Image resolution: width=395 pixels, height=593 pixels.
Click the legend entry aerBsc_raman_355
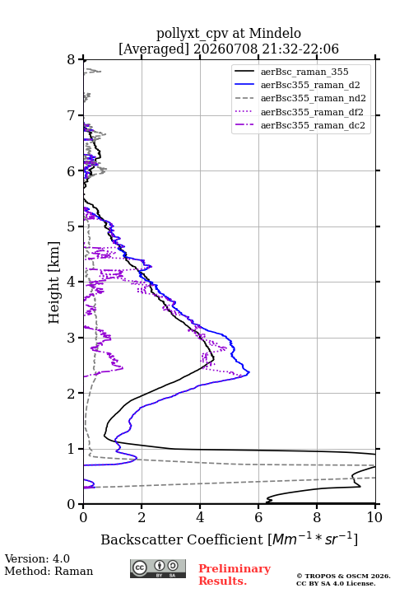coord(304,72)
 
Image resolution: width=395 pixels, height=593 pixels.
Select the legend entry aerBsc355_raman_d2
coord(310,85)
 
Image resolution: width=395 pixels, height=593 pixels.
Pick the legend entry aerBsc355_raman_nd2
coord(314,98)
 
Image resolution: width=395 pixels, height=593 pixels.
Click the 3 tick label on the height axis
coord(71,338)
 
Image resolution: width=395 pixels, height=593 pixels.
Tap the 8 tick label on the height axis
coord(71,59)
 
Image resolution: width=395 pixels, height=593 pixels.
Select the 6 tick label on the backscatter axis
coord(258,517)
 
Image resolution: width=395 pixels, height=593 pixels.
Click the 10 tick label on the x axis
coord(374,517)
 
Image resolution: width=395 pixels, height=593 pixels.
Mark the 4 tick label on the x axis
coord(200,517)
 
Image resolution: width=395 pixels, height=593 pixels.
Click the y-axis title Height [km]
coord(54,282)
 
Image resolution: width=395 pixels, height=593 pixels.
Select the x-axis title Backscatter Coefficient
coord(182,539)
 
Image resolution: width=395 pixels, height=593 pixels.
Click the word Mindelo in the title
coord(275,34)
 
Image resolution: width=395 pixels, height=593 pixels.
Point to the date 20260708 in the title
coord(225,49)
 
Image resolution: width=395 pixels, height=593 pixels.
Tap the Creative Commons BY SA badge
coord(158,569)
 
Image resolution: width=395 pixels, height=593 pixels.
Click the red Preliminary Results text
coord(235,575)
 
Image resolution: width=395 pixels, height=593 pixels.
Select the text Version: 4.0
coord(37,558)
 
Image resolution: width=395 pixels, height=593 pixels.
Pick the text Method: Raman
coord(49,571)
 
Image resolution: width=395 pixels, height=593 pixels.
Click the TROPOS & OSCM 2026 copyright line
coord(343,576)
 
